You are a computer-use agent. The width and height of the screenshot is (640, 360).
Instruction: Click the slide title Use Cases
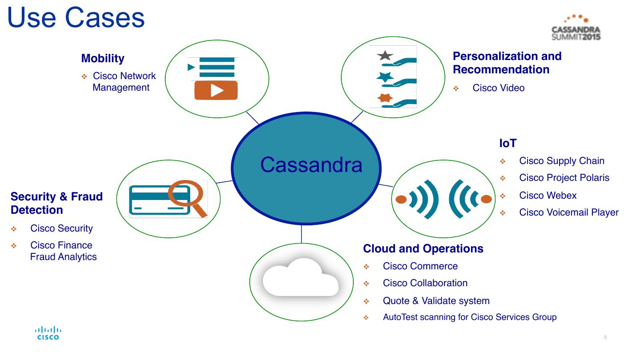(76, 18)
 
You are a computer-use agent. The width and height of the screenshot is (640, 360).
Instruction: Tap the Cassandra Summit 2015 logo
(576, 28)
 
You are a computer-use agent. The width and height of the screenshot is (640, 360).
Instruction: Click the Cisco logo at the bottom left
(48, 333)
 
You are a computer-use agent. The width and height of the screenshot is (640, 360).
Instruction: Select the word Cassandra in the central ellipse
(311, 165)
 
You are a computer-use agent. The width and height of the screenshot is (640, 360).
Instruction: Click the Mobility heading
(103, 58)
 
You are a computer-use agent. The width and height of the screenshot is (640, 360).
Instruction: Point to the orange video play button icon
(216, 90)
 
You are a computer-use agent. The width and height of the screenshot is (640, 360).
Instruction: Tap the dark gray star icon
(385, 56)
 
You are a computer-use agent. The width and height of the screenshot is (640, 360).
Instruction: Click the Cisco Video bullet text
(498, 88)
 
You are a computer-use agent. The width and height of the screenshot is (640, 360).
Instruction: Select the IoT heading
(508, 143)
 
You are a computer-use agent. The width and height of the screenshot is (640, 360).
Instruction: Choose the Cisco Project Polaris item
(564, 178)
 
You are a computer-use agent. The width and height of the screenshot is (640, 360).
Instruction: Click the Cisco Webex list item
(548, 196)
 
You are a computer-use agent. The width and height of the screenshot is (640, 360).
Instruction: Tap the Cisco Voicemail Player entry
(568, 212)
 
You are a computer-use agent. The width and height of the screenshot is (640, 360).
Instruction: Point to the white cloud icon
(300, 277)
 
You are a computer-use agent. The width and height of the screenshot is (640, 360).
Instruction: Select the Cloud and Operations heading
(423, 248)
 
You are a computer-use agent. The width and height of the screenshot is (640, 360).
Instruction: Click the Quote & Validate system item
(436, 301)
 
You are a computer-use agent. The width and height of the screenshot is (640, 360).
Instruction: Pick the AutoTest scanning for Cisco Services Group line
(470, 317)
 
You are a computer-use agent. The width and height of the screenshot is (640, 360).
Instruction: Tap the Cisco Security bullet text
(61, 228)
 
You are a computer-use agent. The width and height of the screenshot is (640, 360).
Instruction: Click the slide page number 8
(605, 337)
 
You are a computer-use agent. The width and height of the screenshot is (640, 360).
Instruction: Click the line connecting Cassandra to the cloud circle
(301, 234)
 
